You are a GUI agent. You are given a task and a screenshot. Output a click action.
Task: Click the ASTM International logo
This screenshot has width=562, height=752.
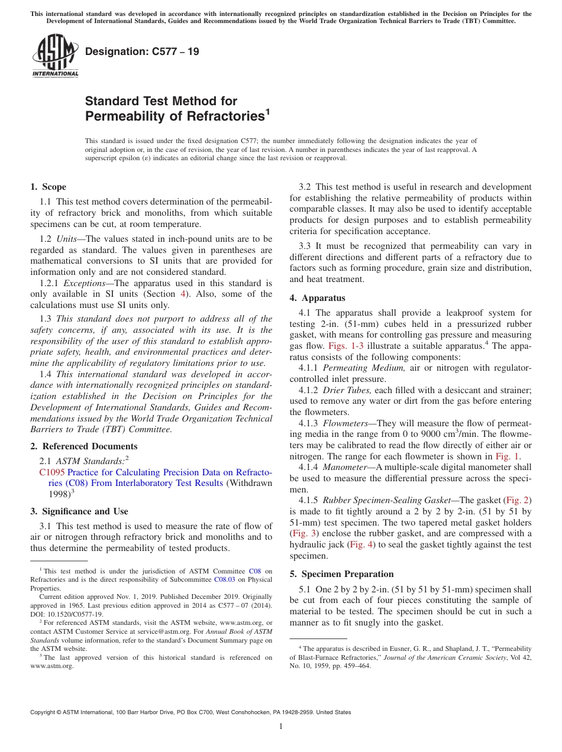[55, 56]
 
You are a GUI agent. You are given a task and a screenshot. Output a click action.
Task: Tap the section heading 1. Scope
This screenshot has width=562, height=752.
[48, 187]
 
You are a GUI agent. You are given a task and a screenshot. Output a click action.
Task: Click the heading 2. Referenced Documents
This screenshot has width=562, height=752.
[83, 446]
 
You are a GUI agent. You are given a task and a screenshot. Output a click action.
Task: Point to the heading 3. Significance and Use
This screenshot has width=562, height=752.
[79, 511]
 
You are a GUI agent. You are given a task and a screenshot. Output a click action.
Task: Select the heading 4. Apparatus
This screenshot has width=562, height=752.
[317, 298]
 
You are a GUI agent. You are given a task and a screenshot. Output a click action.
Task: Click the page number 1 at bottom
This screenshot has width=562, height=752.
[281, 726]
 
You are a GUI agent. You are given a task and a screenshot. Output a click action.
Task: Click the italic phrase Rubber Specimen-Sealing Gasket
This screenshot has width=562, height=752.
[386, 500]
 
